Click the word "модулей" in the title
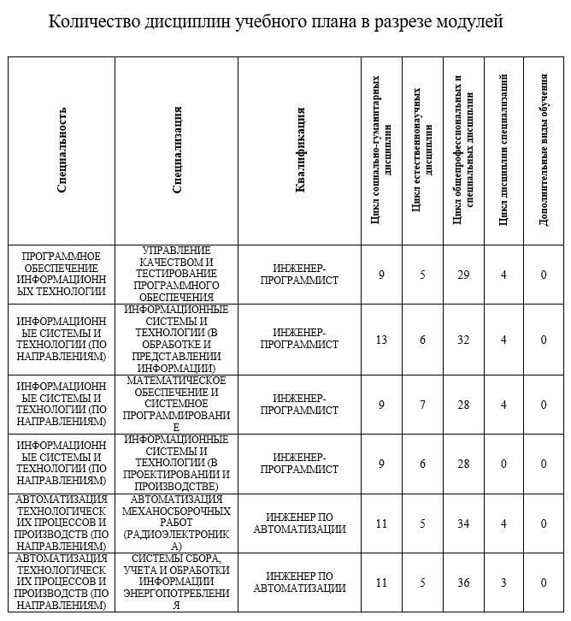click(468, 21)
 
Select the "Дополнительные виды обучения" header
click(544, 151)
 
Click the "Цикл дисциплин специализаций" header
click(503, 151)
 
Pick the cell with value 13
click(381, 340)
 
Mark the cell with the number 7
click(422, 405)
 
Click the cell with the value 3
click(503, 583)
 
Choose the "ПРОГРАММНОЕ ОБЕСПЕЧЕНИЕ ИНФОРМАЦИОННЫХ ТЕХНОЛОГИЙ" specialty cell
click(62, 275)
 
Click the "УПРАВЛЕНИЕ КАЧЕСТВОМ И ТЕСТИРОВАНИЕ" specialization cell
click(177, 275)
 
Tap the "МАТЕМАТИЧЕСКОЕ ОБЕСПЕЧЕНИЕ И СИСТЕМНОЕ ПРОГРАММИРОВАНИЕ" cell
click(177, 405)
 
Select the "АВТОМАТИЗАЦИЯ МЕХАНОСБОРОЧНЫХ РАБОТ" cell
click(177, 523)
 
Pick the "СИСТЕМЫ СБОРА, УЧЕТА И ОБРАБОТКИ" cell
click(177, 583)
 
